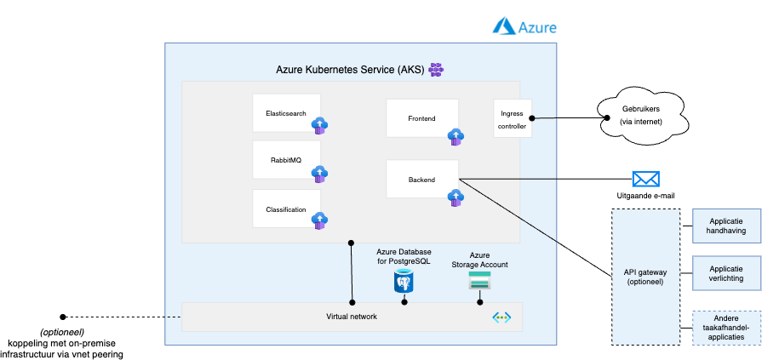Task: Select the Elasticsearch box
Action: point(286,112)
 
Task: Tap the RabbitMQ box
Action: point(286,160)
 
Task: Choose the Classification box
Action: point(286,209)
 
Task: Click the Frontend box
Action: point(422,118)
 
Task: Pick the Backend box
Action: point(422,179)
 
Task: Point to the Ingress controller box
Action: point(513,118)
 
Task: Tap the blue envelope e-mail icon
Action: point(646,179)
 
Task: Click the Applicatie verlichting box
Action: point(726,273)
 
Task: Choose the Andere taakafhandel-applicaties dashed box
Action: point(726,327)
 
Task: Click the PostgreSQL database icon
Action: point(404,281)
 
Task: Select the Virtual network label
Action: point(352,317)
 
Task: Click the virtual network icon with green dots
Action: point(501,317)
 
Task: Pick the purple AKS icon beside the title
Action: point(435,69)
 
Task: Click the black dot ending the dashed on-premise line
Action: point(61,317)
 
